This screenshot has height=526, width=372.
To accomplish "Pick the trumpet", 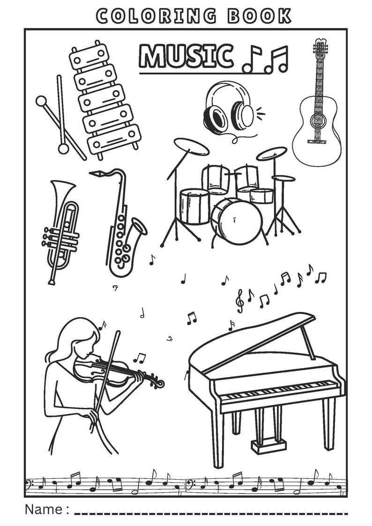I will click(x=60, y=230).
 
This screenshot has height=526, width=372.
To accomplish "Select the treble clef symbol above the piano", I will click(x=240, y=300).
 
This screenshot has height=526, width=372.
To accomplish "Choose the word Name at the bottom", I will click(x=43, y=509).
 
